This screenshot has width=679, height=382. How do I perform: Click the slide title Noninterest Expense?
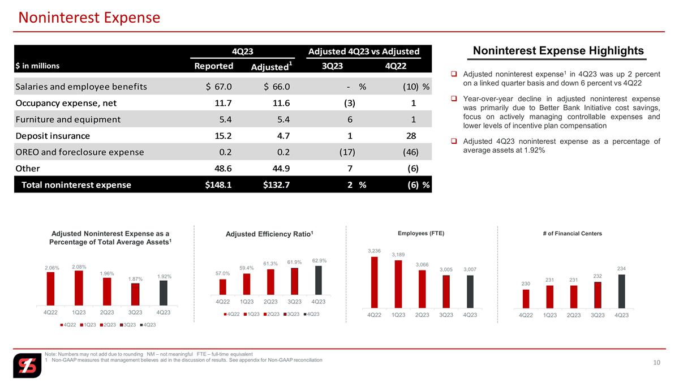[89, 18]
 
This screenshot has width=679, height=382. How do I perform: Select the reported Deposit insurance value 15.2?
[223, 136]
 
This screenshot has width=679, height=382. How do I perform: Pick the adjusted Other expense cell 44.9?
[281, 169]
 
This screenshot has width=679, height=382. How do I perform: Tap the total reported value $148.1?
[218, 185]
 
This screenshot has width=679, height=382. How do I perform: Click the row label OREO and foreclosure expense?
[80, 152]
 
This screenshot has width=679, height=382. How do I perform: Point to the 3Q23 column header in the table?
[332, 66]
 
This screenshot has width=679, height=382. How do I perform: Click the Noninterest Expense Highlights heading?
[558, 50]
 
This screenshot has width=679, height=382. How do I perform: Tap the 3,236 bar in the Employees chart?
[375, 282]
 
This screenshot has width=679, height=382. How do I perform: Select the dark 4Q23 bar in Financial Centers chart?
[621, 291]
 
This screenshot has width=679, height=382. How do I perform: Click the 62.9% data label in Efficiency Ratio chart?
[319, 261]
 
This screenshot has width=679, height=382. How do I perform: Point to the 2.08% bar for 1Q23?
[79, 288]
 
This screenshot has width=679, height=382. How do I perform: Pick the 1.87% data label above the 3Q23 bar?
[135, 279]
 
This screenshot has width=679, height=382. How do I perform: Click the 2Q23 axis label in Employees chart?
[422, 315]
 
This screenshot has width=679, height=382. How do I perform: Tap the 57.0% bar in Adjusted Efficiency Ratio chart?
[222, 287]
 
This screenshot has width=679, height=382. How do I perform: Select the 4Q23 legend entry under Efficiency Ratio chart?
[312, 314]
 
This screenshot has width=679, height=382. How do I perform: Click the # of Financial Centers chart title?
[572, 233]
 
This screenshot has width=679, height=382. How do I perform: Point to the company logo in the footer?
[27, 366]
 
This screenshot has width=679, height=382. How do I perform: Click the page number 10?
[656, 363]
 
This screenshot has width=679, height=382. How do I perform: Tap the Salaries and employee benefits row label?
[81, 87]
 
